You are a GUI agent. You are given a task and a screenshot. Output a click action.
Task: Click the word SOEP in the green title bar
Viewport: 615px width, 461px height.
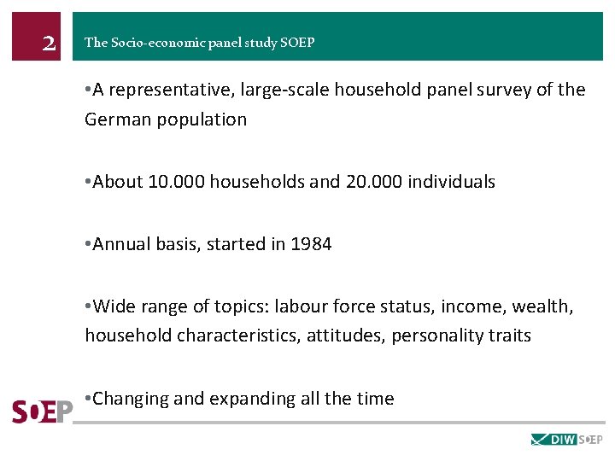click(297, 43)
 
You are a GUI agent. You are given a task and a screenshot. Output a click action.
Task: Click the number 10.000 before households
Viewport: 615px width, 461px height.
click(176, 182)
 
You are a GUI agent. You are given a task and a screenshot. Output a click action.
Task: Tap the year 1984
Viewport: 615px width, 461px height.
click(311, 244)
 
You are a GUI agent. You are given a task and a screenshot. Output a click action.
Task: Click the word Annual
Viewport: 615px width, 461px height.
click(120, 244)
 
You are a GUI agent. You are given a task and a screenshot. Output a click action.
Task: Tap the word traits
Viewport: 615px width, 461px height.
click(509, 336)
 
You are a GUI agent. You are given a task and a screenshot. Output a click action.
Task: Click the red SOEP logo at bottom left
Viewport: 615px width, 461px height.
click(42, 411)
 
